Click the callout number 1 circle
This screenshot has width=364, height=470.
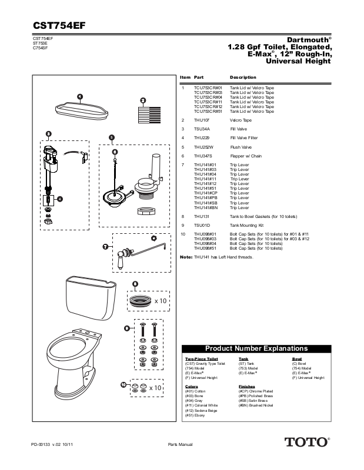point(79,96)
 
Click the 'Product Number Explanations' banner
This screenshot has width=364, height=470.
point(256,348)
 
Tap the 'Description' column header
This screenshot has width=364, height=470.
point(243,78)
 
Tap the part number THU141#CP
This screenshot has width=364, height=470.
point(205,193)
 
